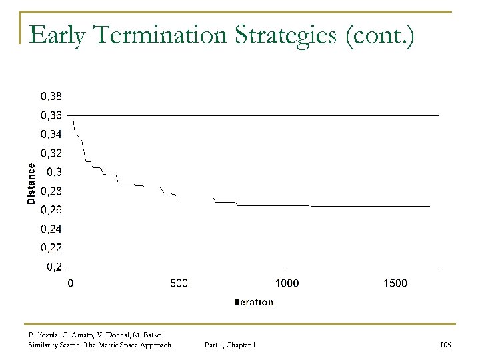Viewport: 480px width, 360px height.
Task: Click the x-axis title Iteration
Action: coord(253,302)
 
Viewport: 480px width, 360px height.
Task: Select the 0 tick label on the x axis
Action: coord(71,283)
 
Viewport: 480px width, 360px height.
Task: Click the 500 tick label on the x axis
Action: coord(179,283)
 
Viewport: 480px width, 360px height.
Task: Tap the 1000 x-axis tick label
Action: coord(287,283)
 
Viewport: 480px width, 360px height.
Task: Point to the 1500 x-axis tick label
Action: coord(395,283)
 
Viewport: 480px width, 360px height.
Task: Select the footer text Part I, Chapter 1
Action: coord(232,344)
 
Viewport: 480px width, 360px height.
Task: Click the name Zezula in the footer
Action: coord(49,335)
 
